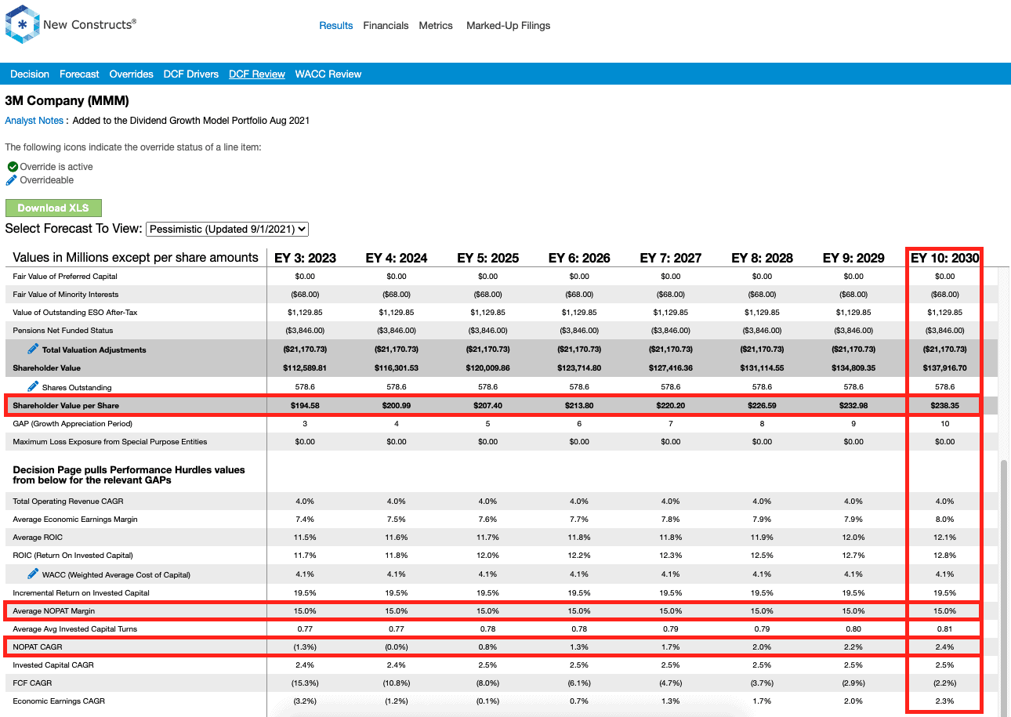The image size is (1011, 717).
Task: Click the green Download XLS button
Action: (x=53, y=208)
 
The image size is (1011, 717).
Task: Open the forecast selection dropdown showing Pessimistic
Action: (x=227, y=230)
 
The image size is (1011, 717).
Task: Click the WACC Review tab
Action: (x=328, y=74)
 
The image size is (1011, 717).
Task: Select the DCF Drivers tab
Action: (x=191, y=74)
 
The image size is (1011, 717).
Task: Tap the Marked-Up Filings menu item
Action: (x=508, y=26)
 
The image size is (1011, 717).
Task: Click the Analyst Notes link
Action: (x=34, y=121)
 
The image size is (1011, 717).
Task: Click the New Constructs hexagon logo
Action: (x=22, y=24)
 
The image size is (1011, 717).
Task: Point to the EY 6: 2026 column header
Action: (x=579, y=258)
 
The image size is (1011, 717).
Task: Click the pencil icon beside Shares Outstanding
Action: (x=33, y=386)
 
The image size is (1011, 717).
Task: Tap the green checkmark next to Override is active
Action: (x=13, y=166)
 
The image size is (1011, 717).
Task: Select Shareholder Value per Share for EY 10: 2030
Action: (x=944, y=406)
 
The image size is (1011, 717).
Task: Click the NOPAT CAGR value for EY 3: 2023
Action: (x=305, y=647)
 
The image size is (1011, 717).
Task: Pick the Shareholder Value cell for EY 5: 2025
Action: (x=488, y=368)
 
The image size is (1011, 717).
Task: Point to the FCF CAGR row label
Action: (x=32, y=683)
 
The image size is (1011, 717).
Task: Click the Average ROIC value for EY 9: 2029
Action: (x=853, y=538)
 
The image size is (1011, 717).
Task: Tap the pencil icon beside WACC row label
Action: (x=33, y=574)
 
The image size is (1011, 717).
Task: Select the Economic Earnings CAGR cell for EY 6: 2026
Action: (x=579, y=701)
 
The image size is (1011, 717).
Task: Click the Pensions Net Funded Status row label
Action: (x=63, y=331)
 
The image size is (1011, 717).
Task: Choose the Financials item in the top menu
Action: (x=386, y=26)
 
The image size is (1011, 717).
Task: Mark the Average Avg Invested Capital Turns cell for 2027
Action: (x=671, y=629)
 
